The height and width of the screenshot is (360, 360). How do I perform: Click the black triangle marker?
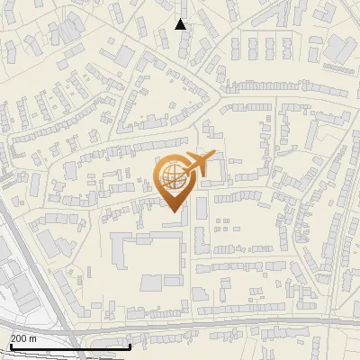tap(180, 24)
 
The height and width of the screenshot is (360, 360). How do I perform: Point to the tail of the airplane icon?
tap(214, 157)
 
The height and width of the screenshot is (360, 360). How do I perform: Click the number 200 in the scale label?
tap(19, 338)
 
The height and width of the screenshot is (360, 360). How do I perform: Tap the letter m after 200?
tap(33, 338)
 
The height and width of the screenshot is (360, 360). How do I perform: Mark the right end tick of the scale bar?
tap(130, 345)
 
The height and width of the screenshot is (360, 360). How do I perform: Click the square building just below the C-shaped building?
tap(150, 283)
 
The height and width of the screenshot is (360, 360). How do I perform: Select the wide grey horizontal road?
tap(225, 328)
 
